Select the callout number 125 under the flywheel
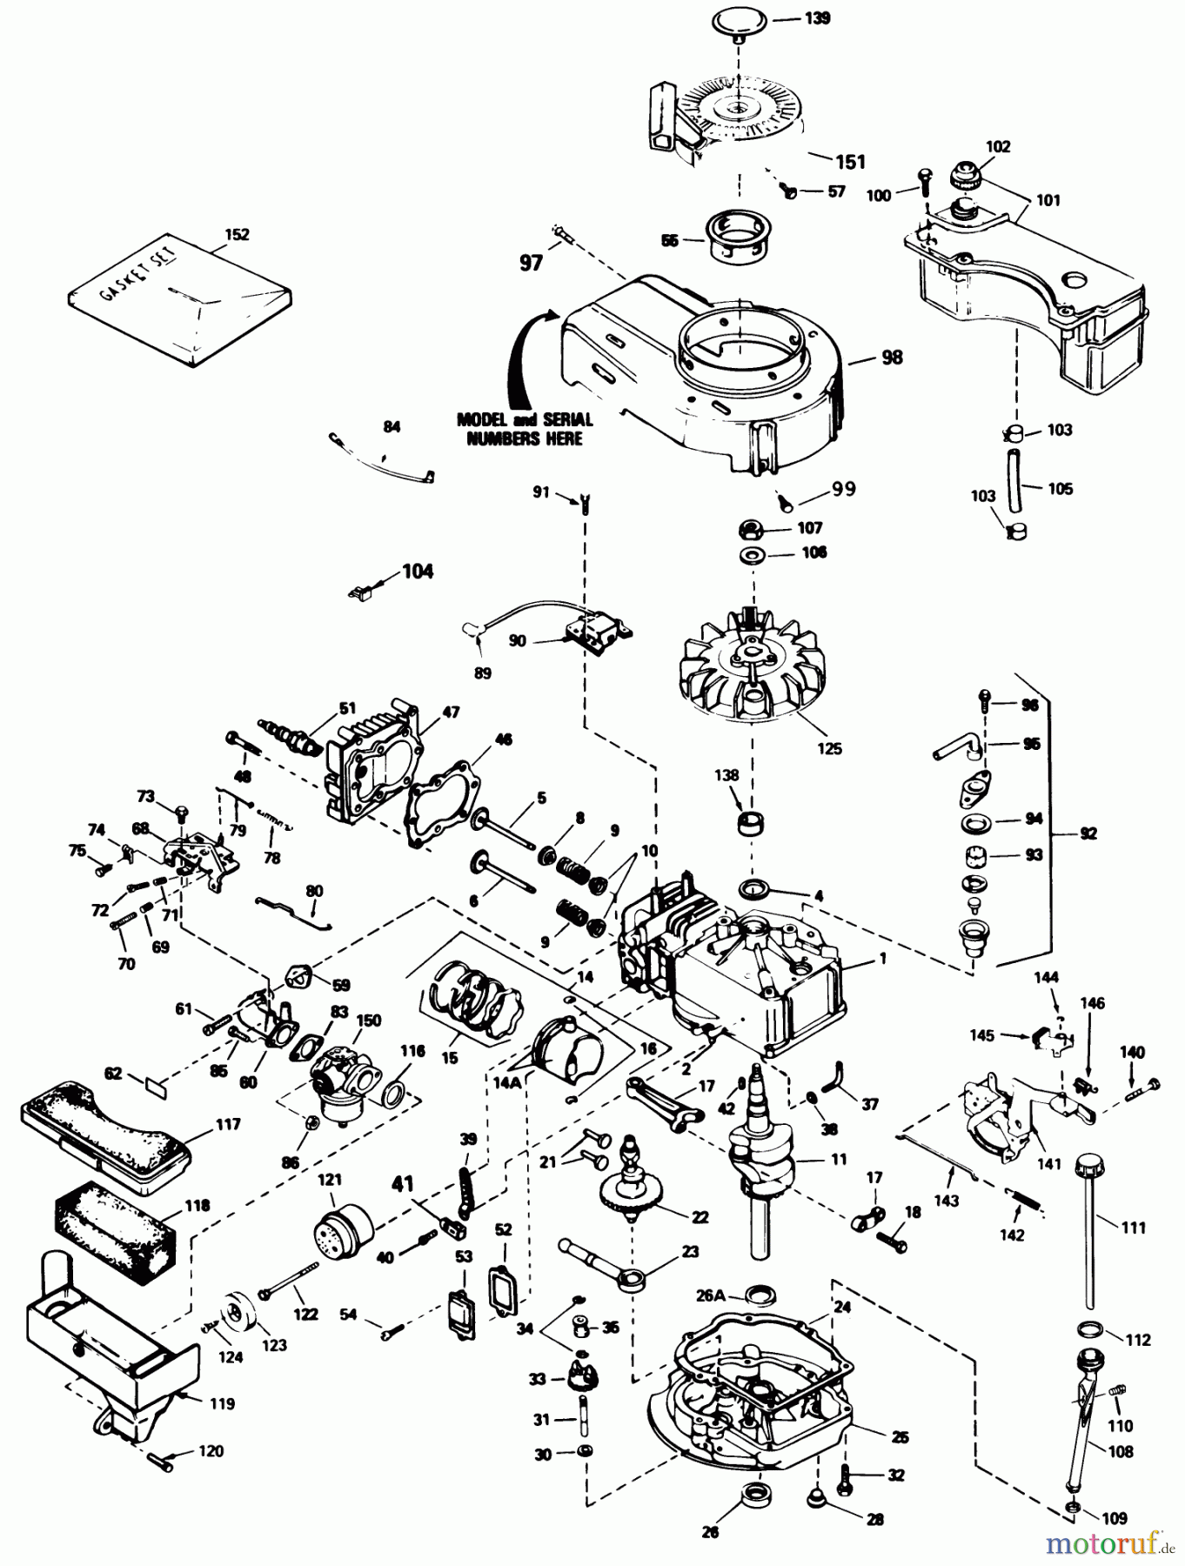tap(829, 747)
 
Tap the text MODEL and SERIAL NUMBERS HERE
tap(525, 429)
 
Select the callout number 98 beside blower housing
tap(892, 357)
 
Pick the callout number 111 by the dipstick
tap(1133, 1228)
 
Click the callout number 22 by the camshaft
tap(700, 1216)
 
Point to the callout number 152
tap(236, 234)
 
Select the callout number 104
tap(417, 572)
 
